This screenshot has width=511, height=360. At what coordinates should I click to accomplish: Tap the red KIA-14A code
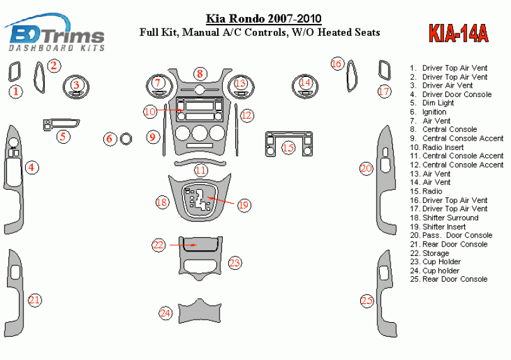(458, 33)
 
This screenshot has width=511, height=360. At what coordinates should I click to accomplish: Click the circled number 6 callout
(109, 138)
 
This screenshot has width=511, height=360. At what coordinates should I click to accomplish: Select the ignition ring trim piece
(126, 137)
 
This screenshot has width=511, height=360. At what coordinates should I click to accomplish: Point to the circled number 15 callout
(288, 148)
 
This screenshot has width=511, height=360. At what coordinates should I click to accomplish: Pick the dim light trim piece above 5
(61, 124)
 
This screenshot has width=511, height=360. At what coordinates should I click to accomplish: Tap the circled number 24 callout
(165, 313)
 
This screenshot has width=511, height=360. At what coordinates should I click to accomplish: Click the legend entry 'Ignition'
(434, 112)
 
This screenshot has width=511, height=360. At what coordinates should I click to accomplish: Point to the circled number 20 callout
(366, 168)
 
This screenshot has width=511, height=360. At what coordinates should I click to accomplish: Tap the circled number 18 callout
(162, 202)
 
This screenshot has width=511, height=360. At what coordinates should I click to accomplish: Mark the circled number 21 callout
(34, 300)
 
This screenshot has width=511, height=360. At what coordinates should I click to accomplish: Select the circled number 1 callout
(16, 91)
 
